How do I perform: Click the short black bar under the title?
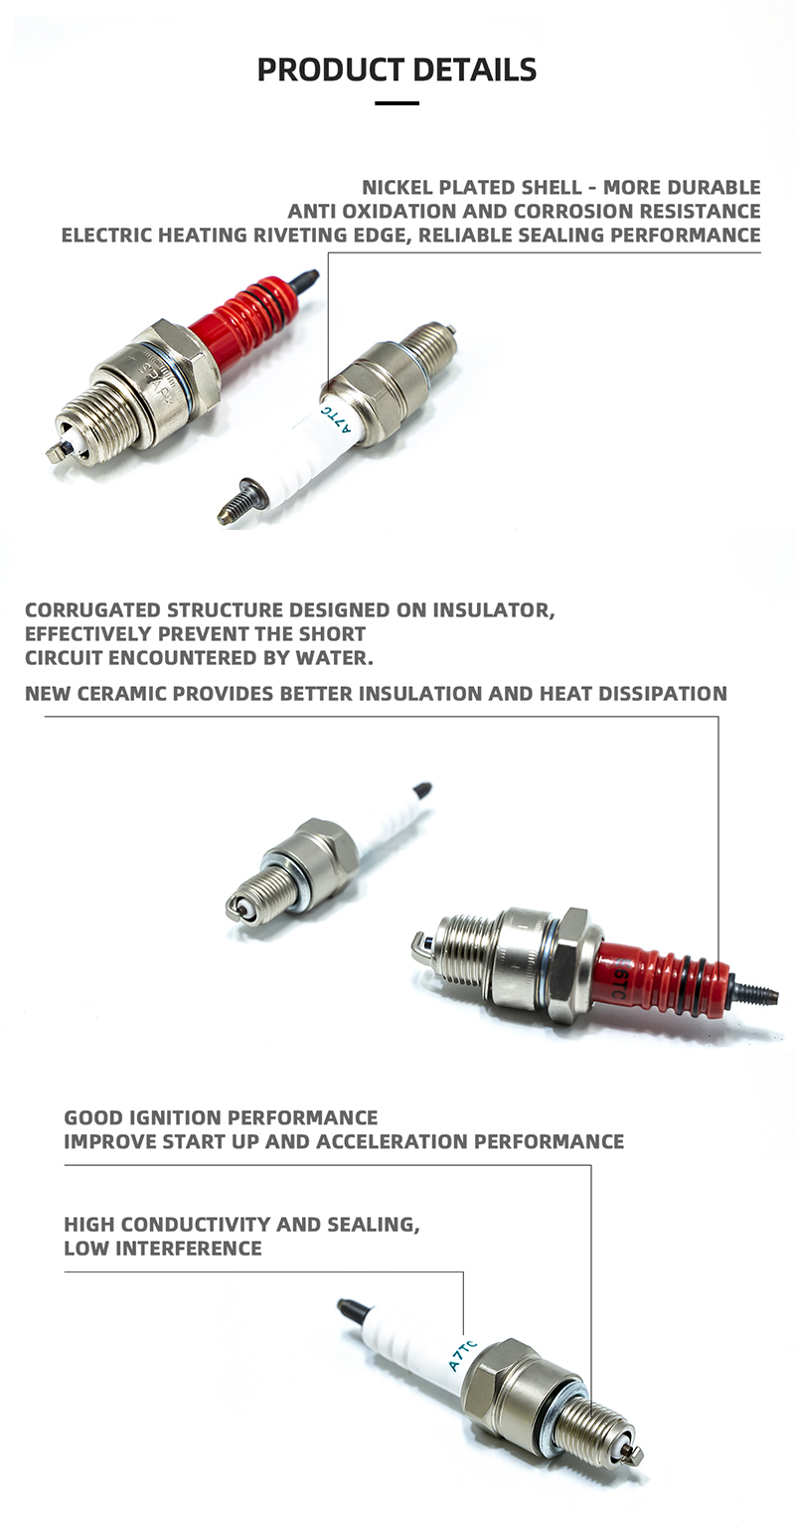397,103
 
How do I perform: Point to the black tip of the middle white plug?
421,790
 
